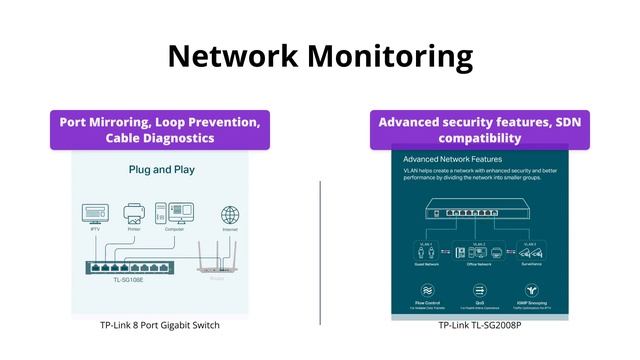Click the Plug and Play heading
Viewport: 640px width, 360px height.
tap(161, 170)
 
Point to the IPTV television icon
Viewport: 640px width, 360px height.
tap(95, 214)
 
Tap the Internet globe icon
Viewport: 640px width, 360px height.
tap(230, 215)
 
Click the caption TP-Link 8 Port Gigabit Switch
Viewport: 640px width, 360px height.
tap(160, 325)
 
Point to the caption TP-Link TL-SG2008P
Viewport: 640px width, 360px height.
tap(480, 325)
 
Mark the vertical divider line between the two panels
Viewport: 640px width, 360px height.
tap(320, 252)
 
